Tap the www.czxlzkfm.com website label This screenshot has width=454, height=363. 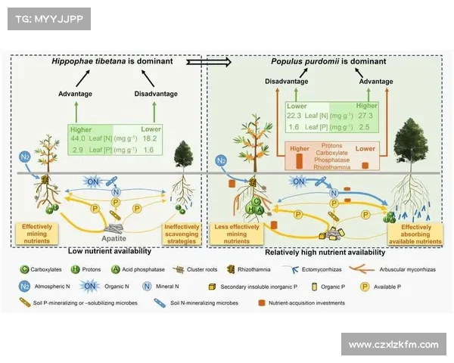coord(393,345)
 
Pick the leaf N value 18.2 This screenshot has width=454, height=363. coord(150,139)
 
